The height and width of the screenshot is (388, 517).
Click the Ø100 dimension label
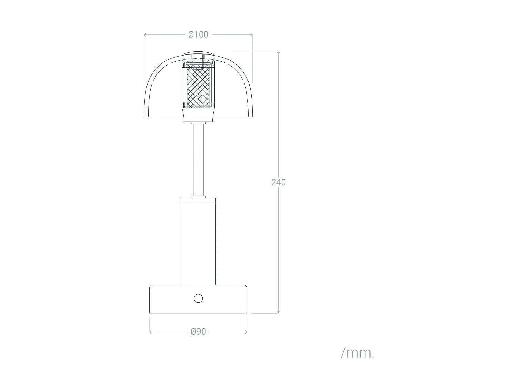tap(198, 34)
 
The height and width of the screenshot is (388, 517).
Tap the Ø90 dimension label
tap(198, 331)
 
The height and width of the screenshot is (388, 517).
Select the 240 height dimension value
tap(278, 182)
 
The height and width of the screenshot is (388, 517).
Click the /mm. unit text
tap(357, 353)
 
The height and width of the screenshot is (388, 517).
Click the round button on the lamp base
tap(198, 298)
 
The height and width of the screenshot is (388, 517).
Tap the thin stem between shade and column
tap(198, 159)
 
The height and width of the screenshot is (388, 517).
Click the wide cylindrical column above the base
tap(198, 241)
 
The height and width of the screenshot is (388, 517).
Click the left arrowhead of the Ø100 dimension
tap(145, 35)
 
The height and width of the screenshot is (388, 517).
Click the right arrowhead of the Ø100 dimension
tap(252, 35)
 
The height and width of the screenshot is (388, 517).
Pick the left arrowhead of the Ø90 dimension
tap(150, 332)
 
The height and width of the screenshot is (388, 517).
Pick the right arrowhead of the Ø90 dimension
tap(246, 332)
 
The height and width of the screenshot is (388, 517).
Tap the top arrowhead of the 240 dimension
tap(278, 52)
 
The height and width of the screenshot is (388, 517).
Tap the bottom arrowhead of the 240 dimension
tap(278, 312)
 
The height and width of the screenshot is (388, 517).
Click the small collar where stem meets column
tap(198, 197)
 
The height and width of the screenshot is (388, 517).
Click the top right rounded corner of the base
tap(245, 286)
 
